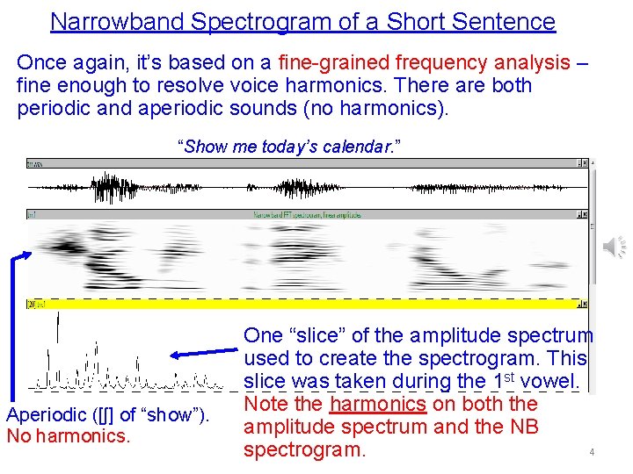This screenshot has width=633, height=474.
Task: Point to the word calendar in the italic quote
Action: click(354, 146)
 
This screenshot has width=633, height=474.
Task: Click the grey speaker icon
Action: click(614, 248)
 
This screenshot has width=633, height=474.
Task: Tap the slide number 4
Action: click(593, 452)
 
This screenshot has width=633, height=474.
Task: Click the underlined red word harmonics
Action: click(378, 404)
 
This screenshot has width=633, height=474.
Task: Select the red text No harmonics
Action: click(69, 435)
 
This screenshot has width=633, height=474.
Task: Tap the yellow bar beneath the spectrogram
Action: click(308, 303)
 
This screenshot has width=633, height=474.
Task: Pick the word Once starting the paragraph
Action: click(40, 62)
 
